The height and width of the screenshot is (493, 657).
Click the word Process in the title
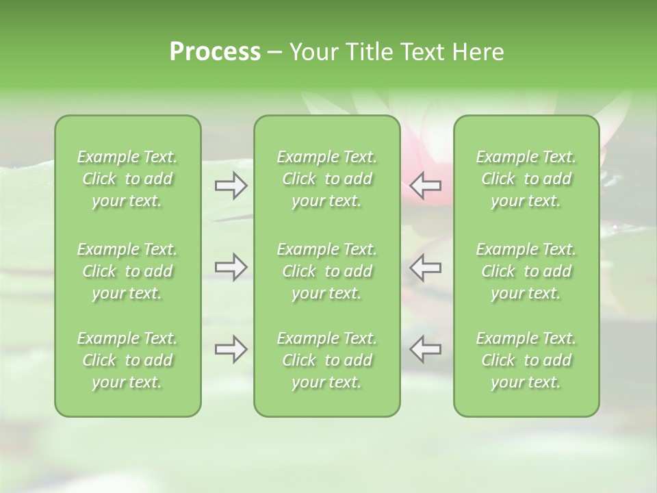tap(215, 52)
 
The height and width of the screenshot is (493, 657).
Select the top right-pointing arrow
tap(231, 186)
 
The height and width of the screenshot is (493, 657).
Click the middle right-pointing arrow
tap(231, 267)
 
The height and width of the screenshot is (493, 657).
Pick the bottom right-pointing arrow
tap(231, 349)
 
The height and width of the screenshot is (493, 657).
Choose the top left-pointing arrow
tap(426, 186)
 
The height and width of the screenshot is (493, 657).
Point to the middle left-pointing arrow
tap(426, 267)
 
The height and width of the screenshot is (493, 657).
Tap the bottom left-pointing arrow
tap(426, 349)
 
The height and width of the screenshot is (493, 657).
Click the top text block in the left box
tap(127, 179)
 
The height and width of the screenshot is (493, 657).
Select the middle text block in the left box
tap(127, 271)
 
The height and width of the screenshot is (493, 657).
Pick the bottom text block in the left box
tap(127, 360)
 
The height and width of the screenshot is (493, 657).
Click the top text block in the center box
tap(327, 179)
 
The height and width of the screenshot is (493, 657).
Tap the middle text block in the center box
tap(327, 271)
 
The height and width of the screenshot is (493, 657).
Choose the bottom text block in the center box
tap(327, 360)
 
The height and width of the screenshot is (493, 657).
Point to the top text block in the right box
tap(526, 179)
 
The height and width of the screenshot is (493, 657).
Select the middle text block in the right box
tap(526, 271)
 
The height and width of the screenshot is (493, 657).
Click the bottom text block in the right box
tap(526, 360)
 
